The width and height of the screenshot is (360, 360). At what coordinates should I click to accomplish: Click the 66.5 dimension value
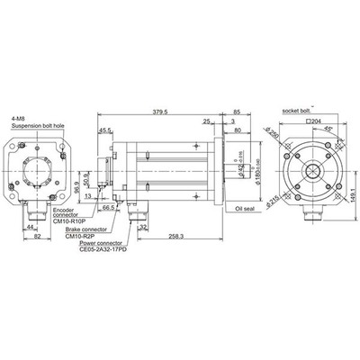tap(107, 207)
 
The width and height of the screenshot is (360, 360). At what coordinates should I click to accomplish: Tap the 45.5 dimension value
tap(105, 130)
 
